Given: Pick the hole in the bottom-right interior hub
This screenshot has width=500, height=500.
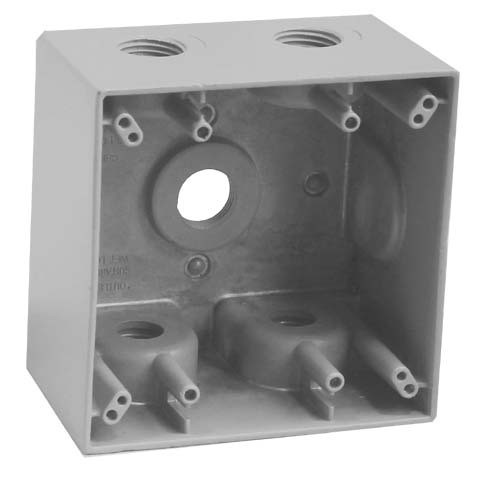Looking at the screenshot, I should click(x=292, y=321).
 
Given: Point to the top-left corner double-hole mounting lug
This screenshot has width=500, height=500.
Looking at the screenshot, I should click(x=125, y=125).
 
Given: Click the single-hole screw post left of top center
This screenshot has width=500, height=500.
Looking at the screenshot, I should click(x=203, y=127).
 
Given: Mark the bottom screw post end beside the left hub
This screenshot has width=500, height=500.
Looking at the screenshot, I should click(x=188, y=393).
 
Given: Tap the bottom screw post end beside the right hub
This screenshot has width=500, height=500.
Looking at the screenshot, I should click(x=330, y=382).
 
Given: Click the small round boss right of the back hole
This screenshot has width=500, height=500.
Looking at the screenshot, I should click(x=316, y=184).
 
